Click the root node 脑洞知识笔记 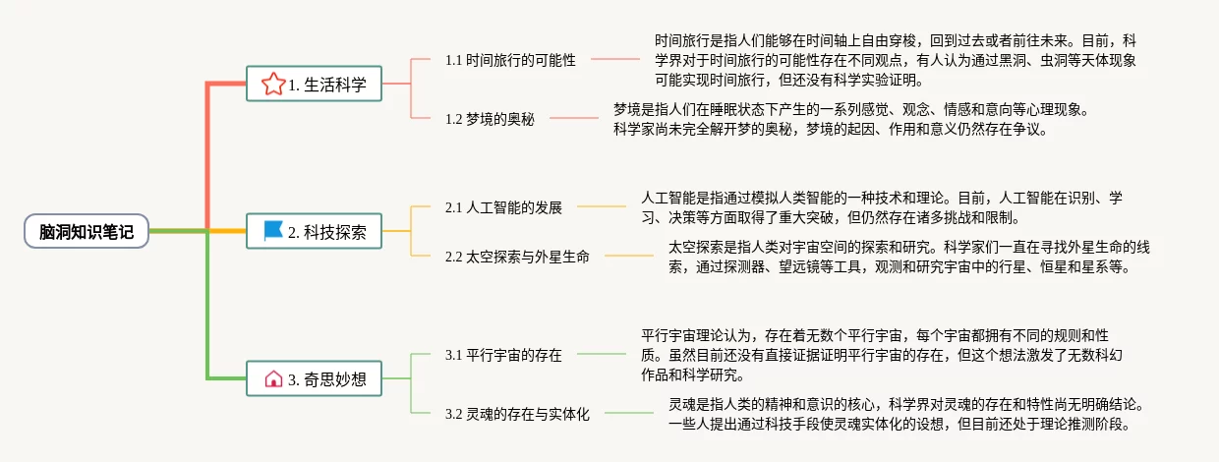tap(87, 231)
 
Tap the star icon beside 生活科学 tap(272, 85)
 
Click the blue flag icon tap(273, 231)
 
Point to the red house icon tap(273, 378)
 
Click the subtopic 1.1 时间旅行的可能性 tap(509, 60)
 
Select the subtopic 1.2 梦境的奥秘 tap(489, 119)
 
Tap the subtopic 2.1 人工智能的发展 tap(502, 207)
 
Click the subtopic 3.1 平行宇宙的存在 tap(502, 355)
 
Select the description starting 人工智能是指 tap(881, 207)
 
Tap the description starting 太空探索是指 tap(908, 257)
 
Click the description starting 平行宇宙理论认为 tap(875, 355)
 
